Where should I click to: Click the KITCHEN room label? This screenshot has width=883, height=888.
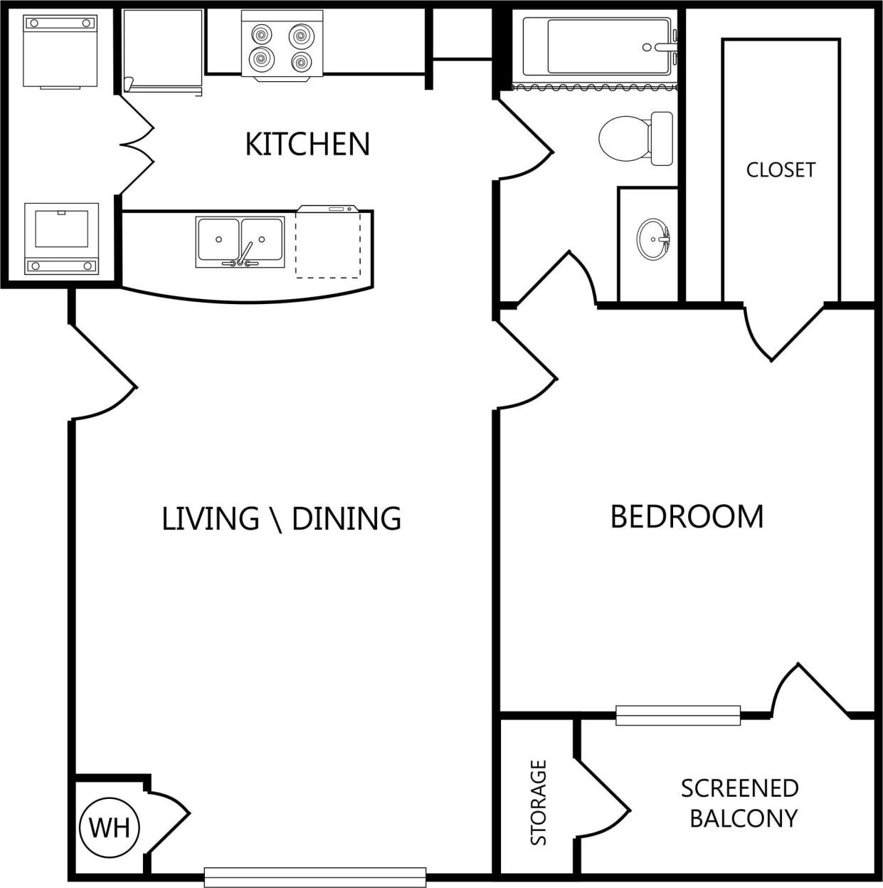click(307, 144)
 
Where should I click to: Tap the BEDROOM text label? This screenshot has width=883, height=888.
click(687, 516)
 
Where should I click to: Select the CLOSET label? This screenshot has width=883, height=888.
click(781, 169)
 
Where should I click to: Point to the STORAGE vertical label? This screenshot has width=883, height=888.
click(539, 803)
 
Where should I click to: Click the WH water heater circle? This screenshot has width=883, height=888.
click(110, 827)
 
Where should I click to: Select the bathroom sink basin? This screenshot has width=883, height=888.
click(652, 240)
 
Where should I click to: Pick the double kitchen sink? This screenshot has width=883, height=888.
click(240, 242)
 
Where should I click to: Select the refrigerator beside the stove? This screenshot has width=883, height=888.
click(162, 50)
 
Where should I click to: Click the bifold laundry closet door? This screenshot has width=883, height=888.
click(137, 145)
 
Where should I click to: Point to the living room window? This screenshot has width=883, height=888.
click(315, 877)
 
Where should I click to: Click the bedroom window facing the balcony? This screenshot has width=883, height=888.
click(677, 715)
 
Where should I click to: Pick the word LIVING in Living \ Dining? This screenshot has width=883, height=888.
click(210, 518)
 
